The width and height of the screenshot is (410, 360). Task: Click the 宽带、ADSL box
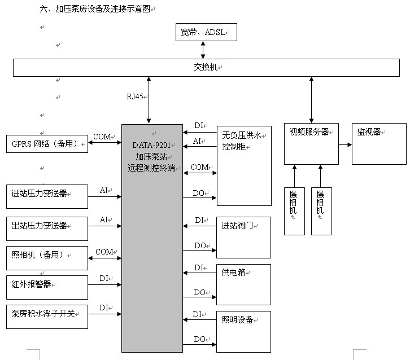tap(206, 32)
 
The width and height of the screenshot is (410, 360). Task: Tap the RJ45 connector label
tap(134, 96)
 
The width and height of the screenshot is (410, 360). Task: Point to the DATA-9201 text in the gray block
tap(151, 145)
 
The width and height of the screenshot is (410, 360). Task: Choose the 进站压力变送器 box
tap(47, 196)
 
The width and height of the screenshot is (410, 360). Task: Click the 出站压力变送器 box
tap(47, 228)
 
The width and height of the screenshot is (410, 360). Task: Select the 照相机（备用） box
tap(47, 258)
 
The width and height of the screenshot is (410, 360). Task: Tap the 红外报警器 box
tap(47, 287)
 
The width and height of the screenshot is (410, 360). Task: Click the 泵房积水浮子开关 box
tap(47, 317)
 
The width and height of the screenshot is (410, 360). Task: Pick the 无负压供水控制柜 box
tap(244, 165)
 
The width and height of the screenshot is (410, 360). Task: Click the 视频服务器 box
tap(311, 143)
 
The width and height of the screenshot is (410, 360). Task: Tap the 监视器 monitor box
tap(378, 143)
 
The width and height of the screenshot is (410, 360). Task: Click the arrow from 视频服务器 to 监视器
tap(345, 144)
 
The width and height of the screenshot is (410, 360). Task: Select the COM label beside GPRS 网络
tap(102, 137)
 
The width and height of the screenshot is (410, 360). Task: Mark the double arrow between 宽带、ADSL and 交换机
tap(203, 50)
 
